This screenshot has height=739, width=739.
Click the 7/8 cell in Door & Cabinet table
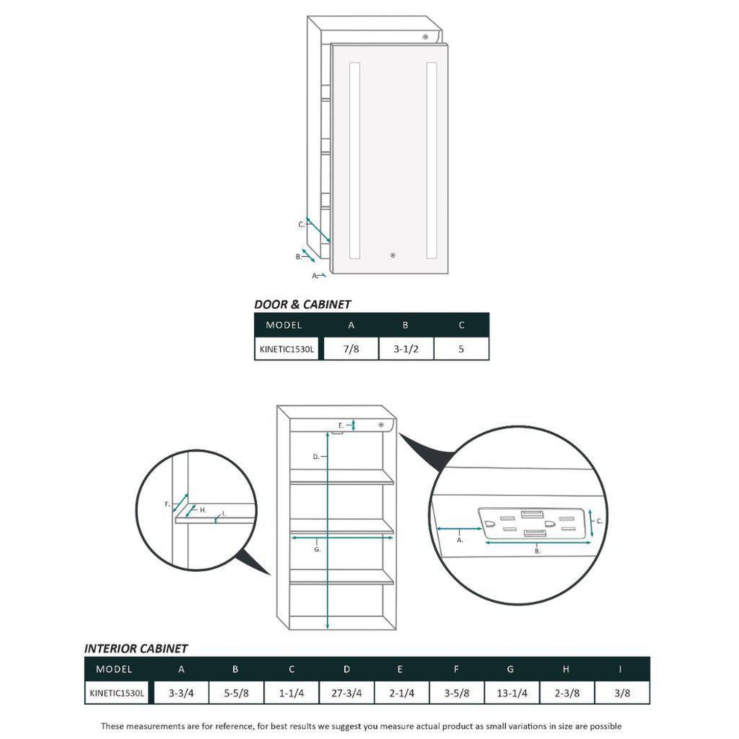tap(351, 349)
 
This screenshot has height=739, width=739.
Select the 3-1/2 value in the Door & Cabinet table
tap(406, 349)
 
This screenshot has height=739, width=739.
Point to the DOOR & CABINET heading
tap(302, 304)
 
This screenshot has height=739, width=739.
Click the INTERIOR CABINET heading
tap(136, 648)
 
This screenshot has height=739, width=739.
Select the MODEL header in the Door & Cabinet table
tap(284, 325)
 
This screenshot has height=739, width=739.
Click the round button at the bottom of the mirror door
tap(392, 255)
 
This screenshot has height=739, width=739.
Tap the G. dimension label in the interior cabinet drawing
tap(317, 550)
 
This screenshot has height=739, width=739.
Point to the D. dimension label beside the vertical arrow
tap(316, 457)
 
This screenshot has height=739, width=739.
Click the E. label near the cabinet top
tap(341, 426)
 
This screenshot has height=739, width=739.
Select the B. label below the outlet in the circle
tap(538, 551)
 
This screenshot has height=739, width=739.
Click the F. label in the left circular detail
tap(167, 504)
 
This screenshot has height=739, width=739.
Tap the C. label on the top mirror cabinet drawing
tap(301, 225)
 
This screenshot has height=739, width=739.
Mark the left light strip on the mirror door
tap(354, 160)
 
